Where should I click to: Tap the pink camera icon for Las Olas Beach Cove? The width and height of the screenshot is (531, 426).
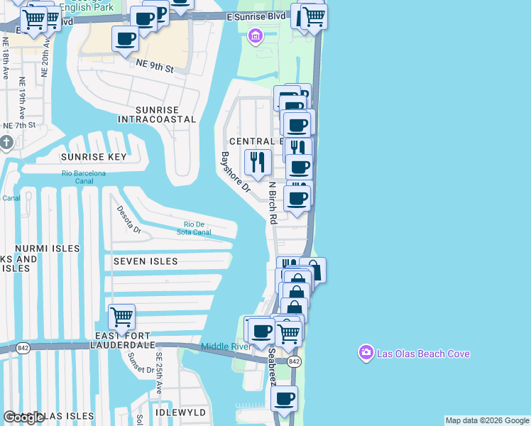click(366, 353)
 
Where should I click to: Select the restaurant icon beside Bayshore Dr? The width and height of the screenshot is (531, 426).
click(258, 163)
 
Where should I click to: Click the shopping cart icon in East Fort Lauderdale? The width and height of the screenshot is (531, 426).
click(121, 317)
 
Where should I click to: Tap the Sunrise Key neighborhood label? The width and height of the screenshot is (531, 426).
click(94, 157)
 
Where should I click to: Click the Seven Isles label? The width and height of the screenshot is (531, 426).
click(146, 261)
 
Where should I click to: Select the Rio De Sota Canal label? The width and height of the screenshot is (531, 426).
click(194, 228)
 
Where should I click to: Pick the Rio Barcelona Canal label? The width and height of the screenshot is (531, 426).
click(83, 177)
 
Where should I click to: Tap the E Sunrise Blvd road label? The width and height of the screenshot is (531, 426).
click(256, 16)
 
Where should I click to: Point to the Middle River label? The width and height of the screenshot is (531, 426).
click(226, 346)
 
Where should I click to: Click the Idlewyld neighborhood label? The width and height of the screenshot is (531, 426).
click(180, 413)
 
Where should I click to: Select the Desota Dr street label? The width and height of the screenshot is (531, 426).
click(132, 222)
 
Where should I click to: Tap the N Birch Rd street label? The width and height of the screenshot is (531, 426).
click(272, 203)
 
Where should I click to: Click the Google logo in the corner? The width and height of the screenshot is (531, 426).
click(24, 417)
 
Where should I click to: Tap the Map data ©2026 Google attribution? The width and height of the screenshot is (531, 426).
click(487, 420)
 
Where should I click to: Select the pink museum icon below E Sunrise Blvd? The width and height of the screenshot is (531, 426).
click(254, 35)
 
